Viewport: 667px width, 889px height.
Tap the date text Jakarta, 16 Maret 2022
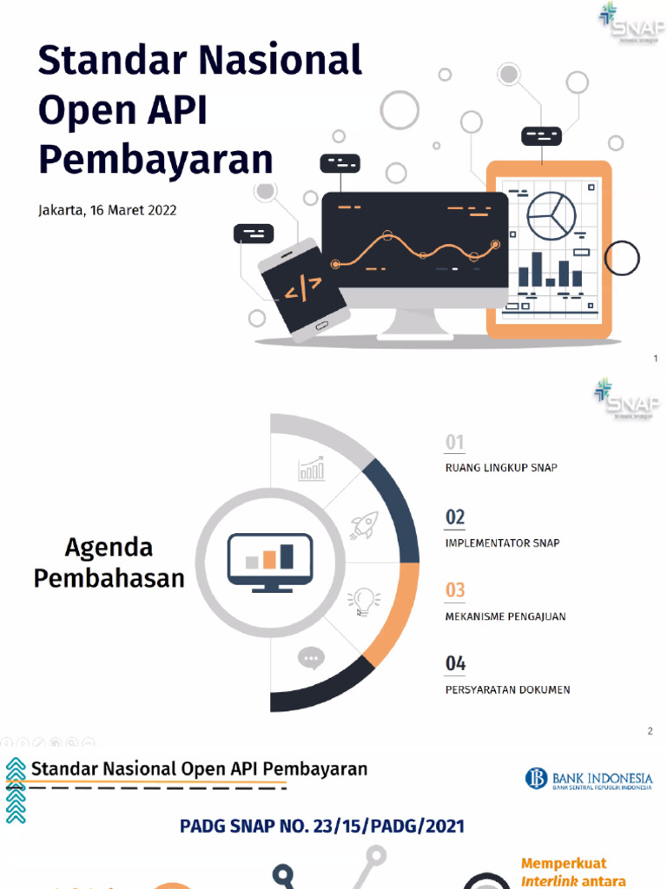pos(108,210)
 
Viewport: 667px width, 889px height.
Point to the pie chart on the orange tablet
pos(551,210)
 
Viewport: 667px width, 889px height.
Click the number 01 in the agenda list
pos(454,443)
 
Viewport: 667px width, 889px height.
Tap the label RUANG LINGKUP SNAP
pos(501,468)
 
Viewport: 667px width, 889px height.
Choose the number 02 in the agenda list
pos(455,517)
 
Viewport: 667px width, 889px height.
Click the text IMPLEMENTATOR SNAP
pos(502,543)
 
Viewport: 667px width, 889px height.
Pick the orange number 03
pos(455,590)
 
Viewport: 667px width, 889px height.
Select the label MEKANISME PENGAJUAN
pos(505,616)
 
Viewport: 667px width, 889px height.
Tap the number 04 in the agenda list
pos(455,664)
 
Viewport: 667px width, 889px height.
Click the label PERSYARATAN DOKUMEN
pos(507,690)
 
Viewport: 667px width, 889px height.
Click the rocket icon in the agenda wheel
pos(363,525)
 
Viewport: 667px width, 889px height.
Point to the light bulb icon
pos(363,600)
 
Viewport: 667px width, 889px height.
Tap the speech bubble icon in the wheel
pos(310,659)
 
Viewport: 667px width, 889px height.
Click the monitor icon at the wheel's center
pos(269,563)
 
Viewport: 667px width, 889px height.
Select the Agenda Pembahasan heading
pos(109,563)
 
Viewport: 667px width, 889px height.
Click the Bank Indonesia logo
pos(588,779)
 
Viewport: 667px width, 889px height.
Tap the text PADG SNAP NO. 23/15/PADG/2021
pos(322,826)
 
